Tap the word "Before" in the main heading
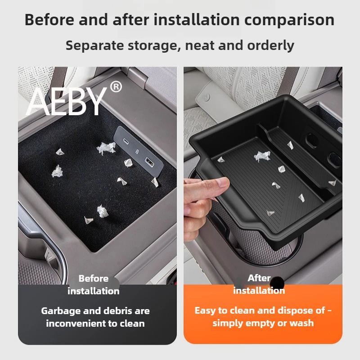(51, 20)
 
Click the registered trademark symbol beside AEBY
(116, 86)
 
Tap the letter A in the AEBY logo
(40, 102)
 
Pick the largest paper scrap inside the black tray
(262, 156)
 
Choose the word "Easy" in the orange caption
(205, 310)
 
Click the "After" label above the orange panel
(259, 278)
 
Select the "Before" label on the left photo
(93, 279)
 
